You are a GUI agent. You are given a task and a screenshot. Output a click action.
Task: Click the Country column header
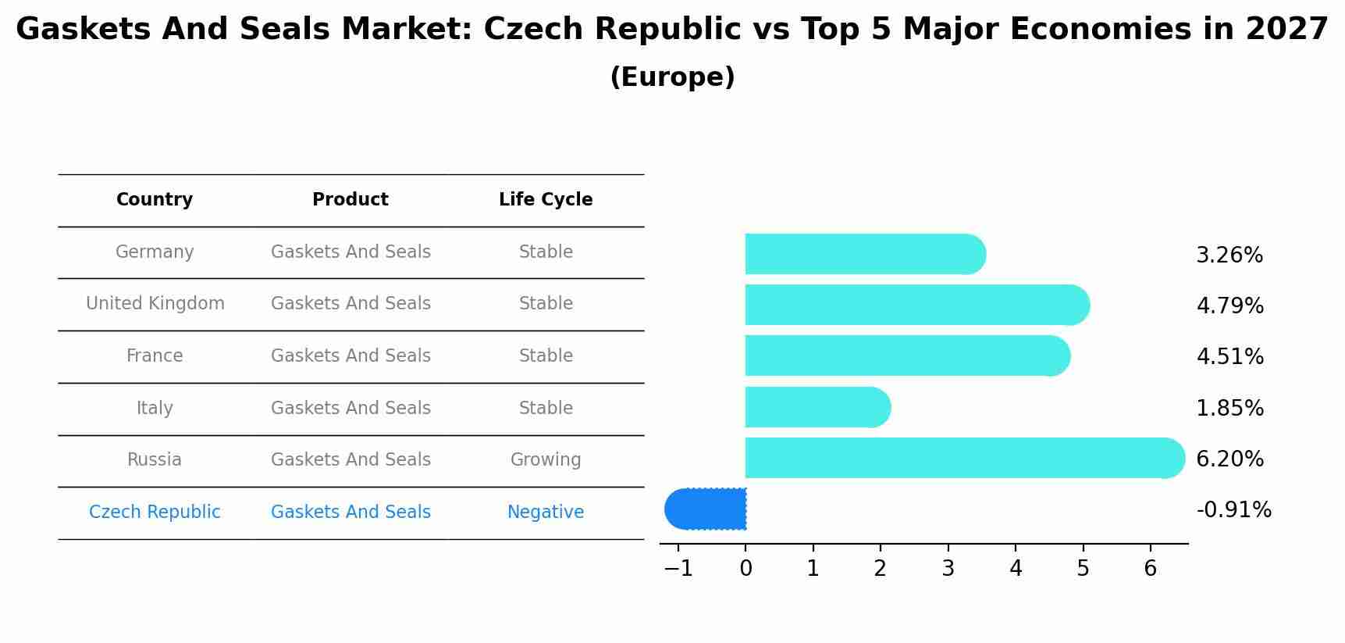[x=155, y=200]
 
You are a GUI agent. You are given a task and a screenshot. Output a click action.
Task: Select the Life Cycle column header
[x=546, y=200]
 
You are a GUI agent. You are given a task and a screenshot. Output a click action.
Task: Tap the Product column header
[x=350, y=200]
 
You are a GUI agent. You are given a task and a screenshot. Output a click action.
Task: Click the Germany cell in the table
[x=155, y=252]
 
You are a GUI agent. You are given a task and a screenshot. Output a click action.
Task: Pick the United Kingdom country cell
[x=155, y=304]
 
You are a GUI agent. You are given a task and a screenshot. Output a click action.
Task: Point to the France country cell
[x=155, y=356]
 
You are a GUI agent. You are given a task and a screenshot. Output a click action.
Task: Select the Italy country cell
[x=155, y=409]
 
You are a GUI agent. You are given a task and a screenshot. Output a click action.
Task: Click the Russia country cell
[x=155, y=460]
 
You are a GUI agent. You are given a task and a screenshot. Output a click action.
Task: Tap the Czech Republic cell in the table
[x=155, y=513]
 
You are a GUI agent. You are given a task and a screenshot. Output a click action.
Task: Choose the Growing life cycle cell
[x=546, y=460]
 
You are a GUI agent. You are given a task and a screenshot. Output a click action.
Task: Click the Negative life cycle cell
[x=546, y=513]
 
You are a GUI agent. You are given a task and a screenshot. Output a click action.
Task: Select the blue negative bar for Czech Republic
[x=706, y=509]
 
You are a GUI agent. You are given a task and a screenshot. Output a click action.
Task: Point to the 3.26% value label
[x=1229, y=255]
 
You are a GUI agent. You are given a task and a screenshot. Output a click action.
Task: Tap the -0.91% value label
[x=1233, y=510]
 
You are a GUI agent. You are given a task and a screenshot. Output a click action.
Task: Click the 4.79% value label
[x=1229, y=306]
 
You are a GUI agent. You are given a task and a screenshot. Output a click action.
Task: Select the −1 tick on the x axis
[x=678, y=569]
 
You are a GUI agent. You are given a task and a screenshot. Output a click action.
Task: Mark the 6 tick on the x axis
[x=1150, y=569]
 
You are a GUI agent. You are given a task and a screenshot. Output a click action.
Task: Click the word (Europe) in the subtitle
[x=672, y=77]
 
